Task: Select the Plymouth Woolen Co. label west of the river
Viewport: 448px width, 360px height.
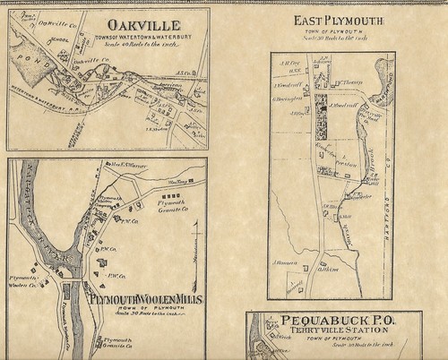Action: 23,281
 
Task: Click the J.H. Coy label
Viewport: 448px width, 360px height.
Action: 287,64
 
